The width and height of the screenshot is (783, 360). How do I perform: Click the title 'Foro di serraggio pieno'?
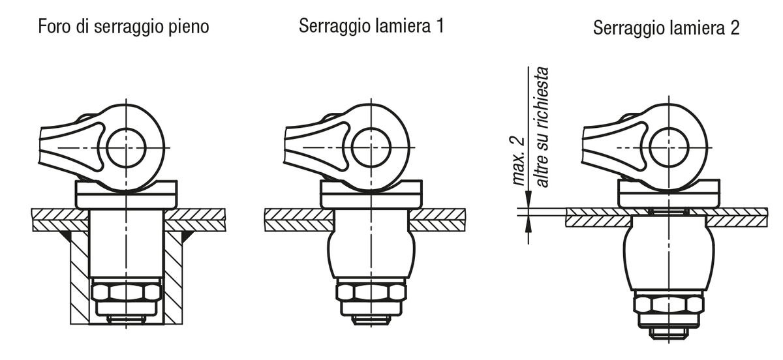[x=123, y=27]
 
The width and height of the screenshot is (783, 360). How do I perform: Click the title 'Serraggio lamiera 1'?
[x=371, y=26]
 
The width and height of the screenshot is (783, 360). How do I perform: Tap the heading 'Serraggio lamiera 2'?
[x=666, y=28]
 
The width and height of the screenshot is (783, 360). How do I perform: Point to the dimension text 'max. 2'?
[x=517, y=161]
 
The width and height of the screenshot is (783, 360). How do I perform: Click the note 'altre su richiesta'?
[x=542, y=127]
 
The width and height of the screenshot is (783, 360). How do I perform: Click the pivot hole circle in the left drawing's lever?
[x=126, y=147]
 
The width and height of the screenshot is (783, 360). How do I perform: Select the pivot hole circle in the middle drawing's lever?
[x=371, y=147]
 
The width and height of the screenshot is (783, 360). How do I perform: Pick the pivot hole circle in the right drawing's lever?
[x=669, y=147]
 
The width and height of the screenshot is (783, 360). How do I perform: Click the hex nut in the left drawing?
[x=126, y=293]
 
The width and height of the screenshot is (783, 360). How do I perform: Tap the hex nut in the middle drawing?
[x=371, y=292]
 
